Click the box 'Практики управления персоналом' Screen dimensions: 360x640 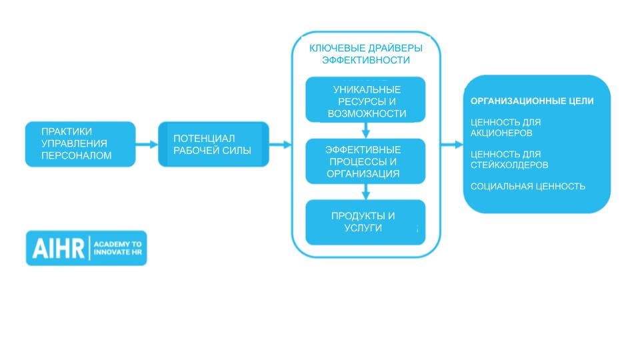coord(80,144)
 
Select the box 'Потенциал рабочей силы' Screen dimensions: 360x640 coord(213,144)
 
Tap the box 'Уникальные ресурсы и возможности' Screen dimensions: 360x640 coord(365,99)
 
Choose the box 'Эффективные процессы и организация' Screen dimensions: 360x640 coord(365,161)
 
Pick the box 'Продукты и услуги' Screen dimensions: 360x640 coord(365,222)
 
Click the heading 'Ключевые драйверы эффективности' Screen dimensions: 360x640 coord(365,54)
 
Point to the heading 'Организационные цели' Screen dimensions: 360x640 coord(532,101)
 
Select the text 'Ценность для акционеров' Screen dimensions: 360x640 coord(505,127)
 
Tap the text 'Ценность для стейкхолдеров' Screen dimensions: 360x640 coord(509,159)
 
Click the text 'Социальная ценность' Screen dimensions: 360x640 coord(528,186)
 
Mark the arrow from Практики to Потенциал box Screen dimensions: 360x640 coord(146,144)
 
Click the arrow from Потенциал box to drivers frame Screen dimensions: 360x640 coord(281,144)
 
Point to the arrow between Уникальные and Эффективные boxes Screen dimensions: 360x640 coord(365,131)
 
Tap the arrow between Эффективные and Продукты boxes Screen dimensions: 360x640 coord(365,192)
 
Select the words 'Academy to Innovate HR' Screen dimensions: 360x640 coord(118,248)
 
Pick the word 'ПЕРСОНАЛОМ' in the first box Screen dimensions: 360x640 coord(75,156)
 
